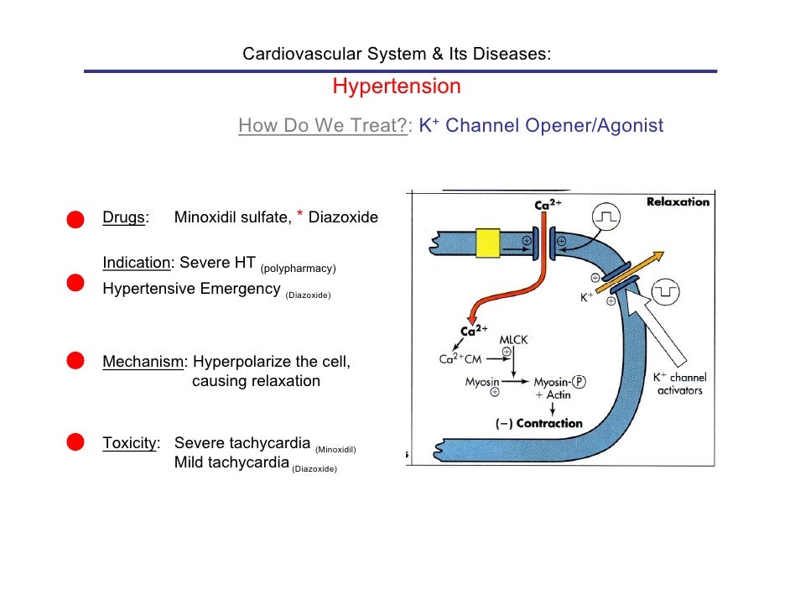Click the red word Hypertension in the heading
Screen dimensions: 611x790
[x=397, y=87]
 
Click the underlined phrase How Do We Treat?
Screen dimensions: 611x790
[x=323, y=127]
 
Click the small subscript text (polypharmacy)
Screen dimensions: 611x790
[x=298, y=269]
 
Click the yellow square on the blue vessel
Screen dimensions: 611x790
[x=487, y=243]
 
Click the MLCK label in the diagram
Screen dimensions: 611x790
[x=513, y=339]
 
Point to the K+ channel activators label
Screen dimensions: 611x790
[x=679, y=384]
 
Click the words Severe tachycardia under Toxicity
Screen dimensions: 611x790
[x=242, y=443]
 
